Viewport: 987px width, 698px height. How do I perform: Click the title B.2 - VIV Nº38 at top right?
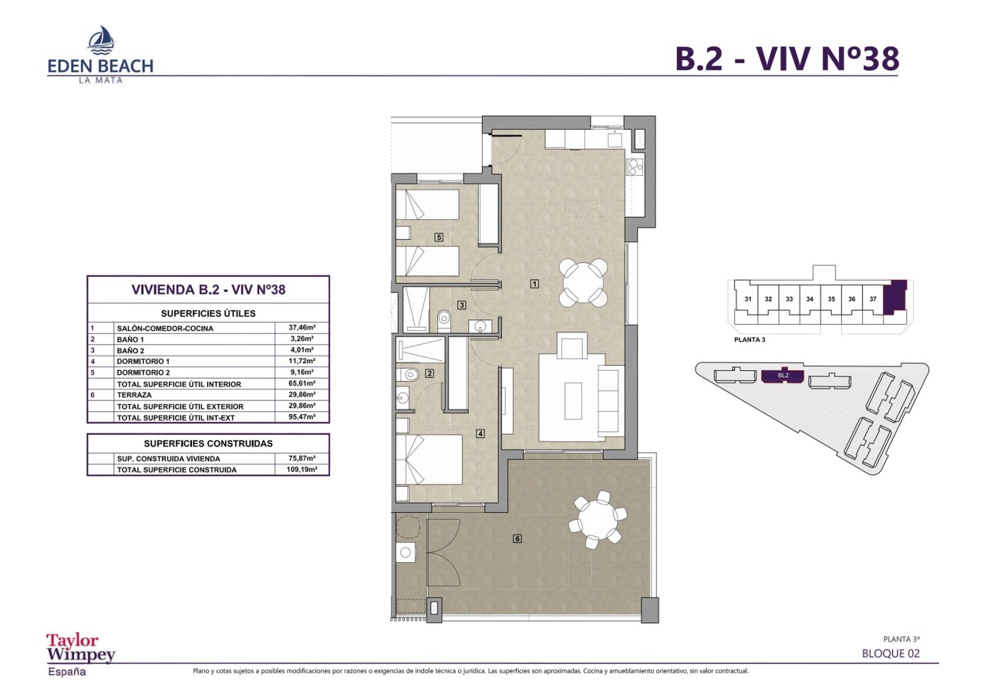[x=787, y=59]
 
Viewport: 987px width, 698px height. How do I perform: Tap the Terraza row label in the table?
[x=136, y=394]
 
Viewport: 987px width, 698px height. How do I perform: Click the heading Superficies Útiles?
[x=207, y=313]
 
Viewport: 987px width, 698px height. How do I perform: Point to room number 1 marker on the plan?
[x=534, y=284]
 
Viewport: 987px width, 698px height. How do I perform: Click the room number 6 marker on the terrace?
[x=517, y=538]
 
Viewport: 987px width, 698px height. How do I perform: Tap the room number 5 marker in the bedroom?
[x=439, y=237]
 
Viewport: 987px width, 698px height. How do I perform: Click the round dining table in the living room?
[x=584, y=283]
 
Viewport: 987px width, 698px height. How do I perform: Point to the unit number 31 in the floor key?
[x=748, y=299]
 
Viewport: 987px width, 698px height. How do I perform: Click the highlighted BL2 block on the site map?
[x=783, y=376]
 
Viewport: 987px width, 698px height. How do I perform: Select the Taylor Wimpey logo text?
[x=80, y=648]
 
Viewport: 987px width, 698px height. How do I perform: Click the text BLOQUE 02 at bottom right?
[x=891, y=653]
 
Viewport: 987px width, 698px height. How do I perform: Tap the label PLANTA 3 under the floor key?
[x=750, y=339]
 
